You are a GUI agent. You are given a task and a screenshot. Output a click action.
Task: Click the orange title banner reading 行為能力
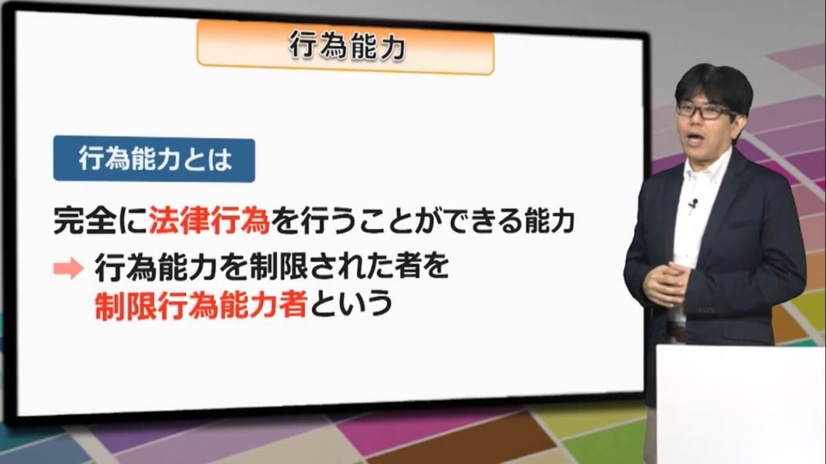click(x=345, y=47)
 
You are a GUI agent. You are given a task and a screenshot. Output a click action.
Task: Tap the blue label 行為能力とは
click(x=154, y=159)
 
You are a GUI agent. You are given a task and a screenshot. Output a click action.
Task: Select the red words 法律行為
click(x=209, y=220)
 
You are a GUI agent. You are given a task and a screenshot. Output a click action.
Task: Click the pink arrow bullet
click(x=69, y=268)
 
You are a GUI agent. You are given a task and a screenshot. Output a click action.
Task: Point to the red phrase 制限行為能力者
click(x=201, y=304)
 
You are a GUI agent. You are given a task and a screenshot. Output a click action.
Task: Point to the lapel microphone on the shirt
click(x=694, y=204)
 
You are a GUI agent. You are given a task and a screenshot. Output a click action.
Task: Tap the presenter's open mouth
click(x=695, y=139)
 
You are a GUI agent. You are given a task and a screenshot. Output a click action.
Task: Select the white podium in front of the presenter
click(x=740, y=404)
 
